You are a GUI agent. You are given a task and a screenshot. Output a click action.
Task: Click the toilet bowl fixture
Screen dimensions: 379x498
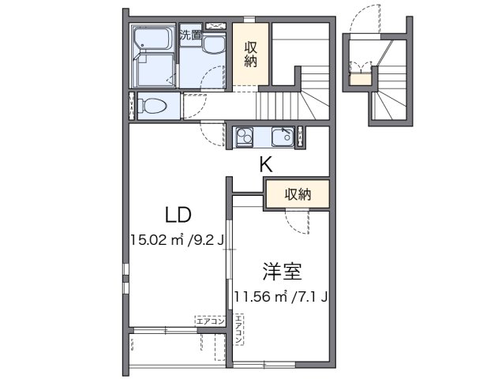coord(153,105)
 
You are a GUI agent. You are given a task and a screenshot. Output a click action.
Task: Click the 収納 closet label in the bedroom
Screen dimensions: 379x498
coord(297,193)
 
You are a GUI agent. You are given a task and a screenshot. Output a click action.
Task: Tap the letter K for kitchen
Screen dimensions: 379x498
coord(267,165)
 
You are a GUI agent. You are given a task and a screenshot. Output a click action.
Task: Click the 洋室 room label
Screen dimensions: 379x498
coord(282,272)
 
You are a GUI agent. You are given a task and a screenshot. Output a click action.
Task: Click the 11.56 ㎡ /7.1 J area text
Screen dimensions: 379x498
coord(281,297)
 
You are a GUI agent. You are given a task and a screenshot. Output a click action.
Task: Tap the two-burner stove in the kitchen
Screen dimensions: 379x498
coord(244,137)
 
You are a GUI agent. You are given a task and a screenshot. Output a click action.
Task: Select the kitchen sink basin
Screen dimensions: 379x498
coord(282,137)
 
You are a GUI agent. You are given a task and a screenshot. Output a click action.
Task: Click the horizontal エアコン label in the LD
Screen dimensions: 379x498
coord(210,321)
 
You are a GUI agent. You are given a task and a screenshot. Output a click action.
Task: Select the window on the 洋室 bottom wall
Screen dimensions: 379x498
coord(264,363)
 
